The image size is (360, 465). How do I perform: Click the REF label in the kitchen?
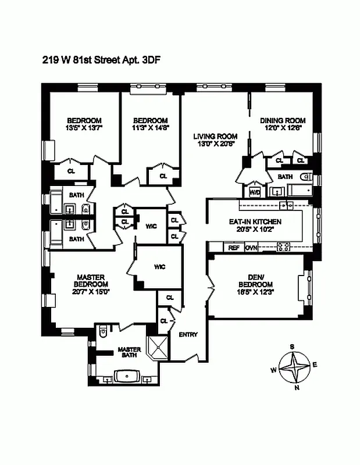(x=234, y=248)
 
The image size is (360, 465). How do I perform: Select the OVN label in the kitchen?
(x=251, y=248)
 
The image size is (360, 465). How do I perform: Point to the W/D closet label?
(x=255, y=192)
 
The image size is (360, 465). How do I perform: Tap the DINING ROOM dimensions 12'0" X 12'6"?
(x=283, y=128)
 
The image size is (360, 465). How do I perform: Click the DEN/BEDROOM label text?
(x=255, y=281)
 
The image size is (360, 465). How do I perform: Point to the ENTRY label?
(x=188, y=334)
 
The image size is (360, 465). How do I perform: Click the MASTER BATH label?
(x=129, y=353)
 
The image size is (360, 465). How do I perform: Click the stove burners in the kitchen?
(x=286, y=247)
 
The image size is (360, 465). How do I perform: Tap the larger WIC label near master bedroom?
(x=160, y=267)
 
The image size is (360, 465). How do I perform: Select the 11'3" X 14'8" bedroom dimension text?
(x=149, y=128)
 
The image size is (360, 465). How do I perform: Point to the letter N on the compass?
(x=297, y=388)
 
